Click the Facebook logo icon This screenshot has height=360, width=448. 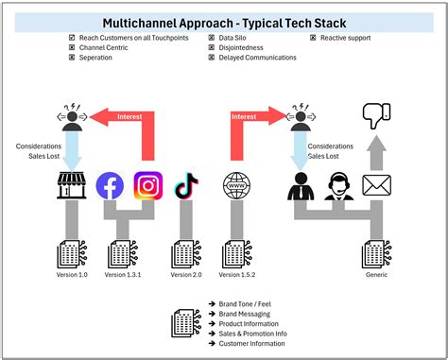(x=110, y=186)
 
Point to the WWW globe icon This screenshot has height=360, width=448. (x=237, y=185)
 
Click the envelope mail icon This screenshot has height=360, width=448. (x=376, y=185)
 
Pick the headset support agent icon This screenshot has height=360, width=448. (x=338, y=185)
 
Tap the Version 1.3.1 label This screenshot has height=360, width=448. (x=123, y=274)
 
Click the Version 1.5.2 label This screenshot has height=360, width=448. (x=237, y=274)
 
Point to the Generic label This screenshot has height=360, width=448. (x=376, y=274)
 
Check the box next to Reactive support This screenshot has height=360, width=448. (x=313, y=38)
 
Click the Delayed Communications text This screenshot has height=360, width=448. (x=258, y=58)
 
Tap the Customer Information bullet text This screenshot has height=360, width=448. (x=251, y=343)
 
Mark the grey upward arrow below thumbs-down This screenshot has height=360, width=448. (x=376, y=151)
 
